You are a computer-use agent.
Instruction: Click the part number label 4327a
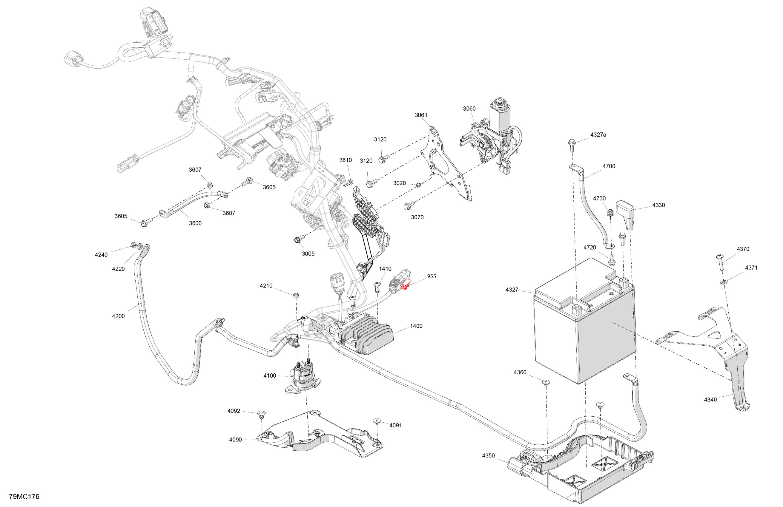[x=598, y=135]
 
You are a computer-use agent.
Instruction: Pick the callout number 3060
[x=469, y=109]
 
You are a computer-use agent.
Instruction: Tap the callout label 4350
[x=488, y=456]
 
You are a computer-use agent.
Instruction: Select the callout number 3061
[x=421, y=115]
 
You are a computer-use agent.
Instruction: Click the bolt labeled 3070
[x=407, y=206]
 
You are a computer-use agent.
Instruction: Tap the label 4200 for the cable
[x=118, y=316]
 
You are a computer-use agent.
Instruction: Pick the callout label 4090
[x=235, y=440]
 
